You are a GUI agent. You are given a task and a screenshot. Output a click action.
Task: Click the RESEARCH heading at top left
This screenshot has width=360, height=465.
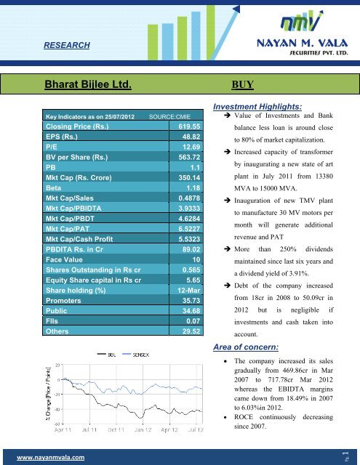point(67,46)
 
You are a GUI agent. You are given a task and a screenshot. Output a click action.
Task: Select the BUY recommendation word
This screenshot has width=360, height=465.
point(242,84)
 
